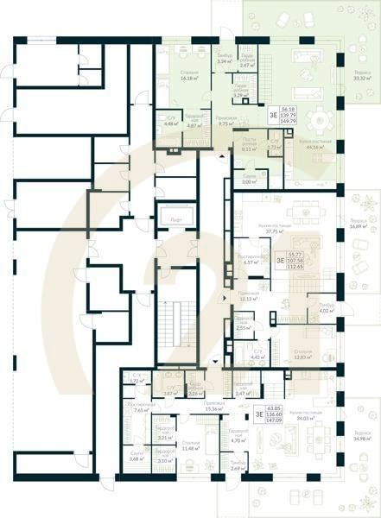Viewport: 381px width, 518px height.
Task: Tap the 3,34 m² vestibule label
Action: point(222,60)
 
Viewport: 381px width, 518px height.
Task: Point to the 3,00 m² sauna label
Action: point(245,180)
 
